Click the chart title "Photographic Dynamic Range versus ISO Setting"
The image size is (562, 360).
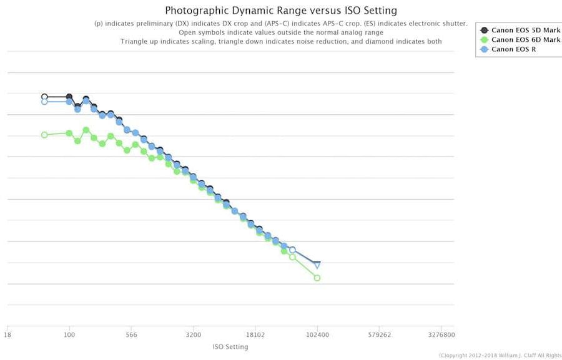(x=280, y=11)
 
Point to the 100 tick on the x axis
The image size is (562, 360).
(x=69, y=334)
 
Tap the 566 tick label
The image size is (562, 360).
(x=131, y=334)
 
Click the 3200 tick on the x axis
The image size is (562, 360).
(x=193, y=334)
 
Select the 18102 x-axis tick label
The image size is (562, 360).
(x=255, y=334)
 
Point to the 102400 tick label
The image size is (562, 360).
(x=317, y=334)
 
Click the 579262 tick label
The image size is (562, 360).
(x=379, y=334)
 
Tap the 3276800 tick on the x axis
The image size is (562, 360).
(x=441, y=334)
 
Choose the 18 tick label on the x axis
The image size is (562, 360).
(x=7, y=334)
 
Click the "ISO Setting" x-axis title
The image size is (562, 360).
(x=230, y=347)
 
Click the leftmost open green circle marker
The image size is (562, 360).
(x=44, y=135)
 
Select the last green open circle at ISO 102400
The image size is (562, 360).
(x=317, y=278)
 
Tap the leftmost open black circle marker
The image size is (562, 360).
(x=44, y=97)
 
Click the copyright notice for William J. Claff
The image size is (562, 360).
(x=500, y=356)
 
